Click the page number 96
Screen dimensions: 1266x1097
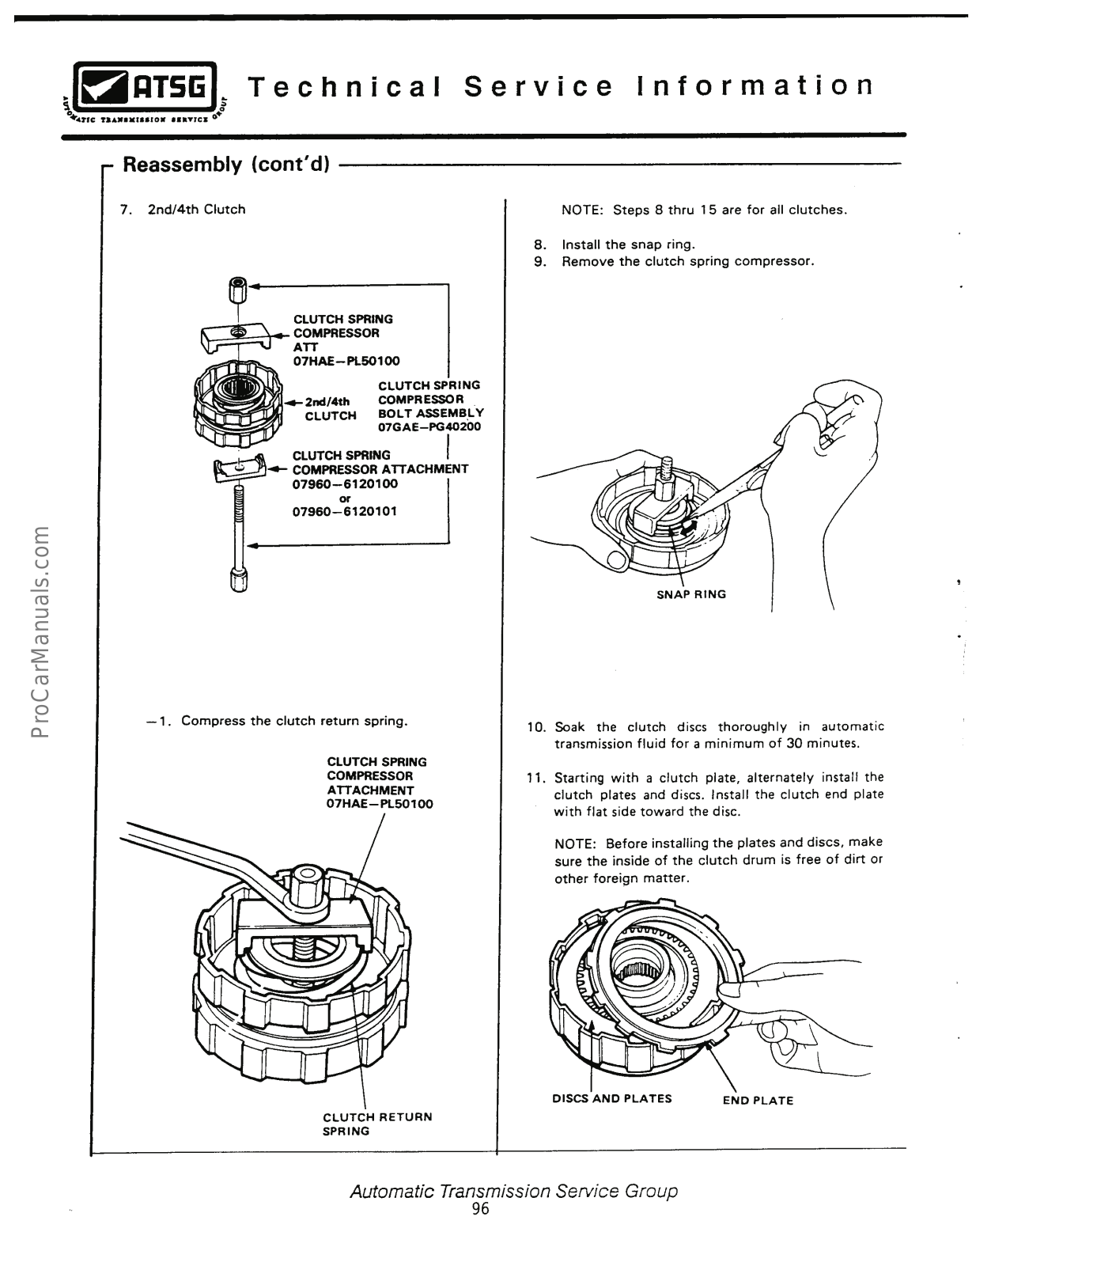(480, 1209)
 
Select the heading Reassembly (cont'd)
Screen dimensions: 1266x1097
(227, 165)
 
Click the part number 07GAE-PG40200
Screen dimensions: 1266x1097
(429, 426)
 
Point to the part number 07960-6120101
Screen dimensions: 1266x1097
(345, 511)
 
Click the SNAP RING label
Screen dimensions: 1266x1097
(690, 594)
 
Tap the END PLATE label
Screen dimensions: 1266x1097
(758, 1101)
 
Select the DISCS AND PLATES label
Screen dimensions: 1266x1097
(611, 1098)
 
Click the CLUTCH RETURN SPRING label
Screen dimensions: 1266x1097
(377, 1124)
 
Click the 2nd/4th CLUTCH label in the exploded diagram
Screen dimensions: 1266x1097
(329, 408)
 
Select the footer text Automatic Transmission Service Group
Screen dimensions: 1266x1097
(514, 1191)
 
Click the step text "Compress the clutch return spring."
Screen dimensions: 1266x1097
(294, 721)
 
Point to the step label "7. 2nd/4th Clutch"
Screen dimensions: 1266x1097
(183, 210)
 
